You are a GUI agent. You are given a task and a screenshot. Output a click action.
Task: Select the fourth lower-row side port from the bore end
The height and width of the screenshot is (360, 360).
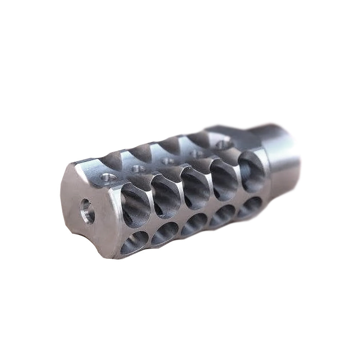pos(222,215)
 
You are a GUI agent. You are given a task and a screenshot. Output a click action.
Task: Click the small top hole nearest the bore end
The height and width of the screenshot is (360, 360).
pos(107,176)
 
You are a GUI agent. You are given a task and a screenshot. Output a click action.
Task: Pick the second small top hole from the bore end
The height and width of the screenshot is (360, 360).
pos(138,168)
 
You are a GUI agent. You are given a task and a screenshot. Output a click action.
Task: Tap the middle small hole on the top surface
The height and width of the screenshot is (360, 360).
pos(168,160)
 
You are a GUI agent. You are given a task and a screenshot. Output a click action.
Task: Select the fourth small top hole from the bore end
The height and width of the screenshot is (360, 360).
pos(197,153)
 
